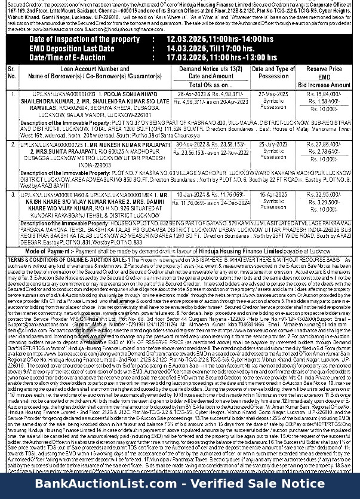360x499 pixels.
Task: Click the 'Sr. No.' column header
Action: [12, 73]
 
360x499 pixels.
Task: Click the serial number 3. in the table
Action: [12, 195]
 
